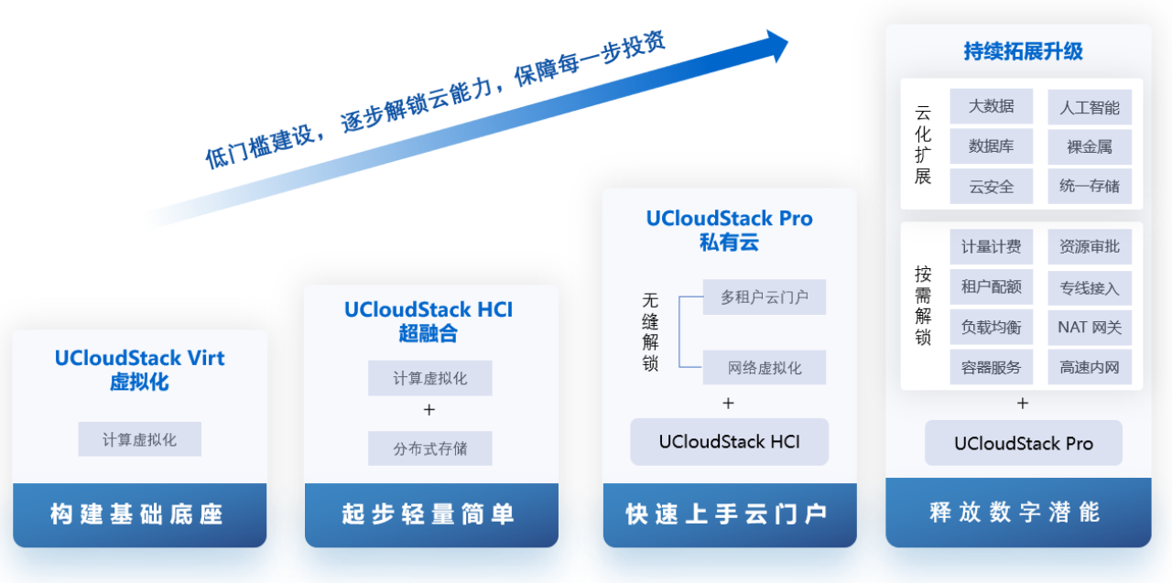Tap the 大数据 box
tap(992, 106)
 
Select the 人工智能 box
tap(1090, 107)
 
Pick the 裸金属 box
tap(1090, 146)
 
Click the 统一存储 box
tap(1090, 187)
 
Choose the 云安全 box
tap(992, 187)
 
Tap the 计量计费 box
tap(992, 247)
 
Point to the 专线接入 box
tap(1090, 288)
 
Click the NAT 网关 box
tap(1090, 328)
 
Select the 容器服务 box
tap(992, 368)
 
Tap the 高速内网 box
tap(1090, 368)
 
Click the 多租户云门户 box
tap(765, 297)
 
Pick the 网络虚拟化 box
tap(765, 368)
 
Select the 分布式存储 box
tap(430, 448)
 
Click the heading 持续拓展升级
tap(1023, 51)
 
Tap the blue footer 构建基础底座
tap(139, 514)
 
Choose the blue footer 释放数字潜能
tap(1017, 512)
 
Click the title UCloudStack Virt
tap(139, 358)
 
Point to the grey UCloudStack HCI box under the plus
tap(729, 442)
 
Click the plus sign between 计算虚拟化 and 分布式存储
tap(430, 409)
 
